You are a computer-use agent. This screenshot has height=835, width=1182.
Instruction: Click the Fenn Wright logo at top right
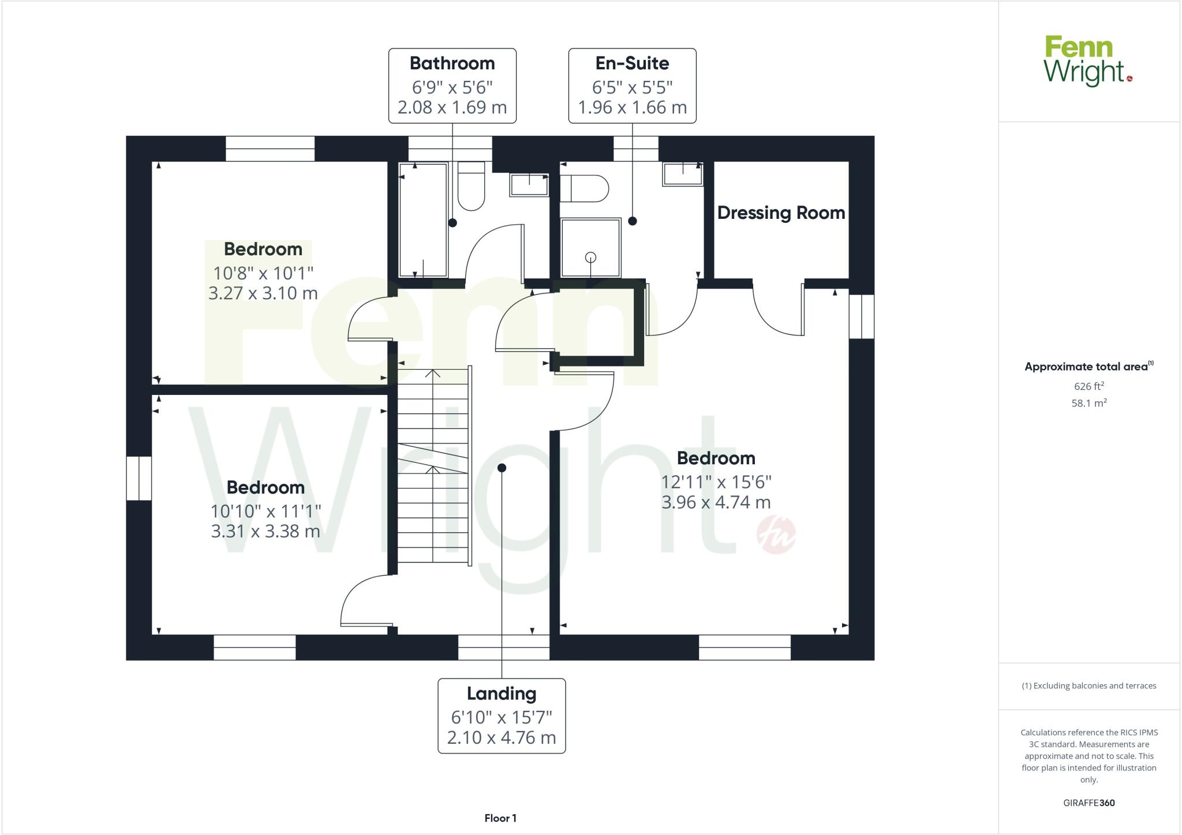click(x=1087, y=61)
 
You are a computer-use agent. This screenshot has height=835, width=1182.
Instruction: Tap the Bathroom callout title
click(x=452, y=63)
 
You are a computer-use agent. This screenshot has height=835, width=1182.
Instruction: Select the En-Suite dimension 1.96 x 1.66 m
click(x=632, y=107)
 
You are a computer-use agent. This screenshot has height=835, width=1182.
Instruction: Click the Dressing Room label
click(x=781, y=213)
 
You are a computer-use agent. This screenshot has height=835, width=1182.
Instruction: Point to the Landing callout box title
click(x=501, y=693)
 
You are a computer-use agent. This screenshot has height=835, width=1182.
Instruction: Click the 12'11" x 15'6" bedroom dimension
click(x=716, y=482)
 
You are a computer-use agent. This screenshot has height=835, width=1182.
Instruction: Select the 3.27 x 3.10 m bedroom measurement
click(x=263, y=293)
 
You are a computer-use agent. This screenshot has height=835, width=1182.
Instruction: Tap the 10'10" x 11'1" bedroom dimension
click(x=265, y=511)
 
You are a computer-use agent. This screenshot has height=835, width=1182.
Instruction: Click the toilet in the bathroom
click(x=471, y=186)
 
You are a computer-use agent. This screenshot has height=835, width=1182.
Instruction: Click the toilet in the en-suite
click(x=584, y=188)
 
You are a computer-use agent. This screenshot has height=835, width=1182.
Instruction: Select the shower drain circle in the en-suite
click(x=590, y=258)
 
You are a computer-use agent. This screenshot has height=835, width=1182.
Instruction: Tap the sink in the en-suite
click(x=682, y=174)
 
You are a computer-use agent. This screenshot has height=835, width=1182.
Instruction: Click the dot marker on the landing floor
click(x=502, y=468)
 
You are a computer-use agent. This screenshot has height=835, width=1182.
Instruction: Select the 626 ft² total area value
click(x=1089, y=386)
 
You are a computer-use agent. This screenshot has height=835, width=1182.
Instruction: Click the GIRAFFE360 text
click(x=1089, y=803)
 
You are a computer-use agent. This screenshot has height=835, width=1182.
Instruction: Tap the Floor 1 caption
click(x=500, y=818)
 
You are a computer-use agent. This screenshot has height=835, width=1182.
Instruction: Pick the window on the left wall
click(x=139, y=478)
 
